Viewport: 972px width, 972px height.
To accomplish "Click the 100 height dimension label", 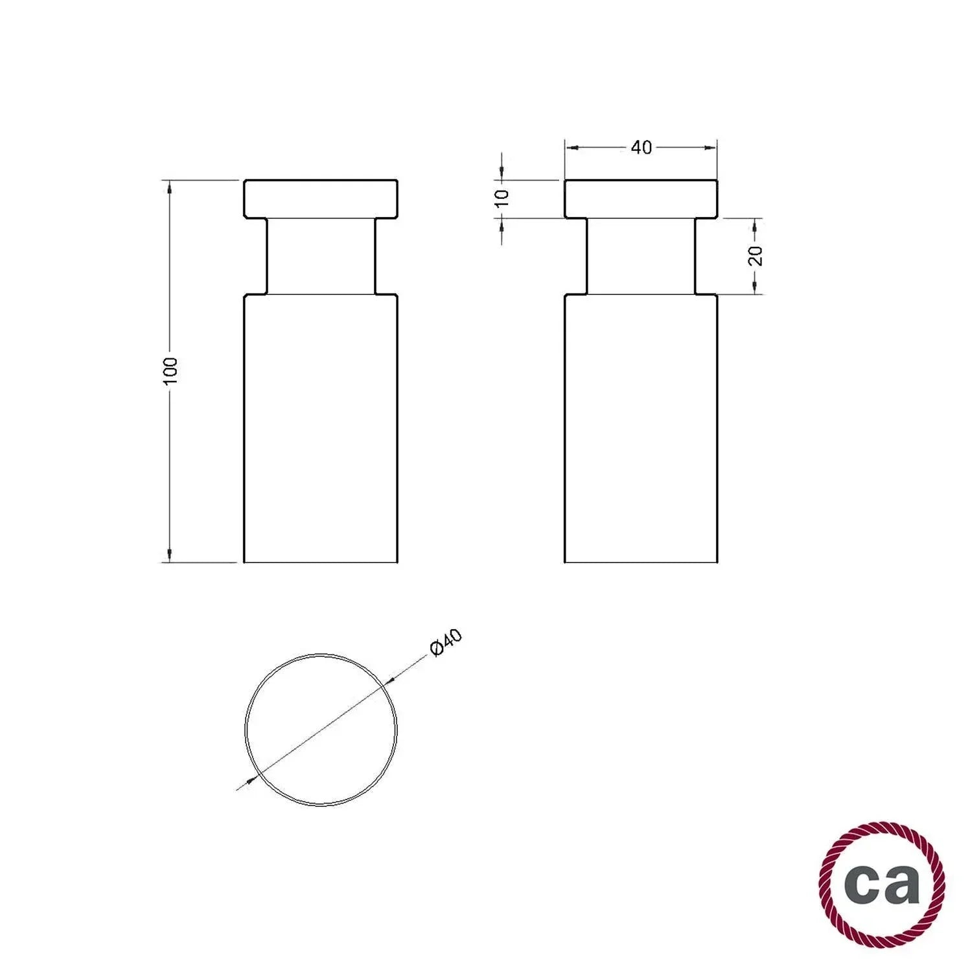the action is pyautogui.click(x=170, y=371).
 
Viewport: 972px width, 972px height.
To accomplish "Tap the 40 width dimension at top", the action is pyautogui.click(x=641, y=148).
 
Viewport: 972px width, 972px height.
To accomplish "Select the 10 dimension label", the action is pyautogui.click(x=502, y=198).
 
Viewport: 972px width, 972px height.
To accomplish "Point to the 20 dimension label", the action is pyautogui.click(x=756, y=256).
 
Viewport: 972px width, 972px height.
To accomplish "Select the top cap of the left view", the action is pyautogui.click(x=320, y=199).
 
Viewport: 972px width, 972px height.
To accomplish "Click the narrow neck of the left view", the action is pyautogui.click(x=320, y=257).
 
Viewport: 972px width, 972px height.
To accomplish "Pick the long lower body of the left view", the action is pyautogui.click(x=320, y=428).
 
